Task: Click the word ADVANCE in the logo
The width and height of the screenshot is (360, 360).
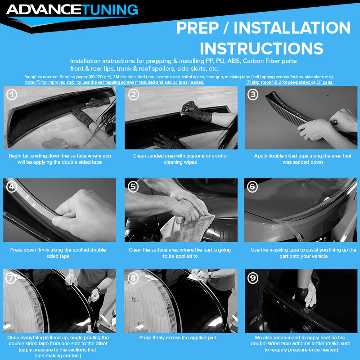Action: pos(44,10)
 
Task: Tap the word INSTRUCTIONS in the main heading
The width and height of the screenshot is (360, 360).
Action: pos(261,49)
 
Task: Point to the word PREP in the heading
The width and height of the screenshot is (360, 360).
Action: pos(198,28)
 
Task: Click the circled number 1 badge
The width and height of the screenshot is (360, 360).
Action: pos(12,94)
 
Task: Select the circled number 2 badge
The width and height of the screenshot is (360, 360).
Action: pos(133,94)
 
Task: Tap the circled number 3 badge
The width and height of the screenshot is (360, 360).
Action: pos(253,94)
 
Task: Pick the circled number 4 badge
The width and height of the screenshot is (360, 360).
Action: pos(11,187)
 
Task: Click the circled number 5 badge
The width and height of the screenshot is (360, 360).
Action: pos(133,187)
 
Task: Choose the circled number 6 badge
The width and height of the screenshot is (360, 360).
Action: pos(252,187)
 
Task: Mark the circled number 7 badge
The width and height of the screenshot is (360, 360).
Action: pos(11,278)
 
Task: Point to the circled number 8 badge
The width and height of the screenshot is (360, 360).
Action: pos(133,278)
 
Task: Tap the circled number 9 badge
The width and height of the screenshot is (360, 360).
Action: pos(252,278)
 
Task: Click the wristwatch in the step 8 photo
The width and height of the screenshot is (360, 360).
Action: pos(210,274)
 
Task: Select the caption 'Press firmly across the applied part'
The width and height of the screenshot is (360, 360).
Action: pos(178,338)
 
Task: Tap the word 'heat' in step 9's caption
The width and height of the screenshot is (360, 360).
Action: pos(324,338)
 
